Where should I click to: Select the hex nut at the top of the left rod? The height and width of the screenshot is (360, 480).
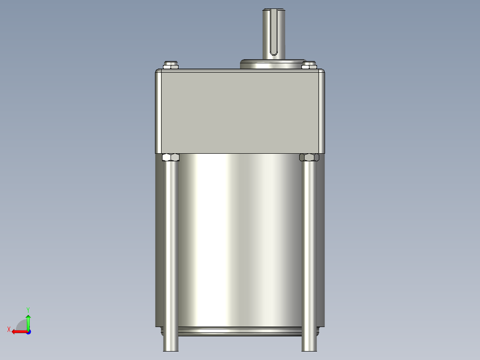point(171,157)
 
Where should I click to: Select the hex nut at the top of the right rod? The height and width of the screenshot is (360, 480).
point(309,157)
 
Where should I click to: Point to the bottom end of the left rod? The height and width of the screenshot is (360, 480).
point(171,347)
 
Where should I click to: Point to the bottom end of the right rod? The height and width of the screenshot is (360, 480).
point(309,347)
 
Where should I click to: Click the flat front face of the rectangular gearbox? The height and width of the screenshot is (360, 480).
point(240,111)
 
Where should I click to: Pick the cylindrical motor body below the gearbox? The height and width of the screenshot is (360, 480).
point(240,241)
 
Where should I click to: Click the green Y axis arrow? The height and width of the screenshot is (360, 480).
point(28,321)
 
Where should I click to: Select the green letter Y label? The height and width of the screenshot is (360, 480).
point(28,309)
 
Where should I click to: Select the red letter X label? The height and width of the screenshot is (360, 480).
point(9,329)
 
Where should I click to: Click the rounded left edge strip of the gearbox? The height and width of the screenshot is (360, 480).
point(158,111)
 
